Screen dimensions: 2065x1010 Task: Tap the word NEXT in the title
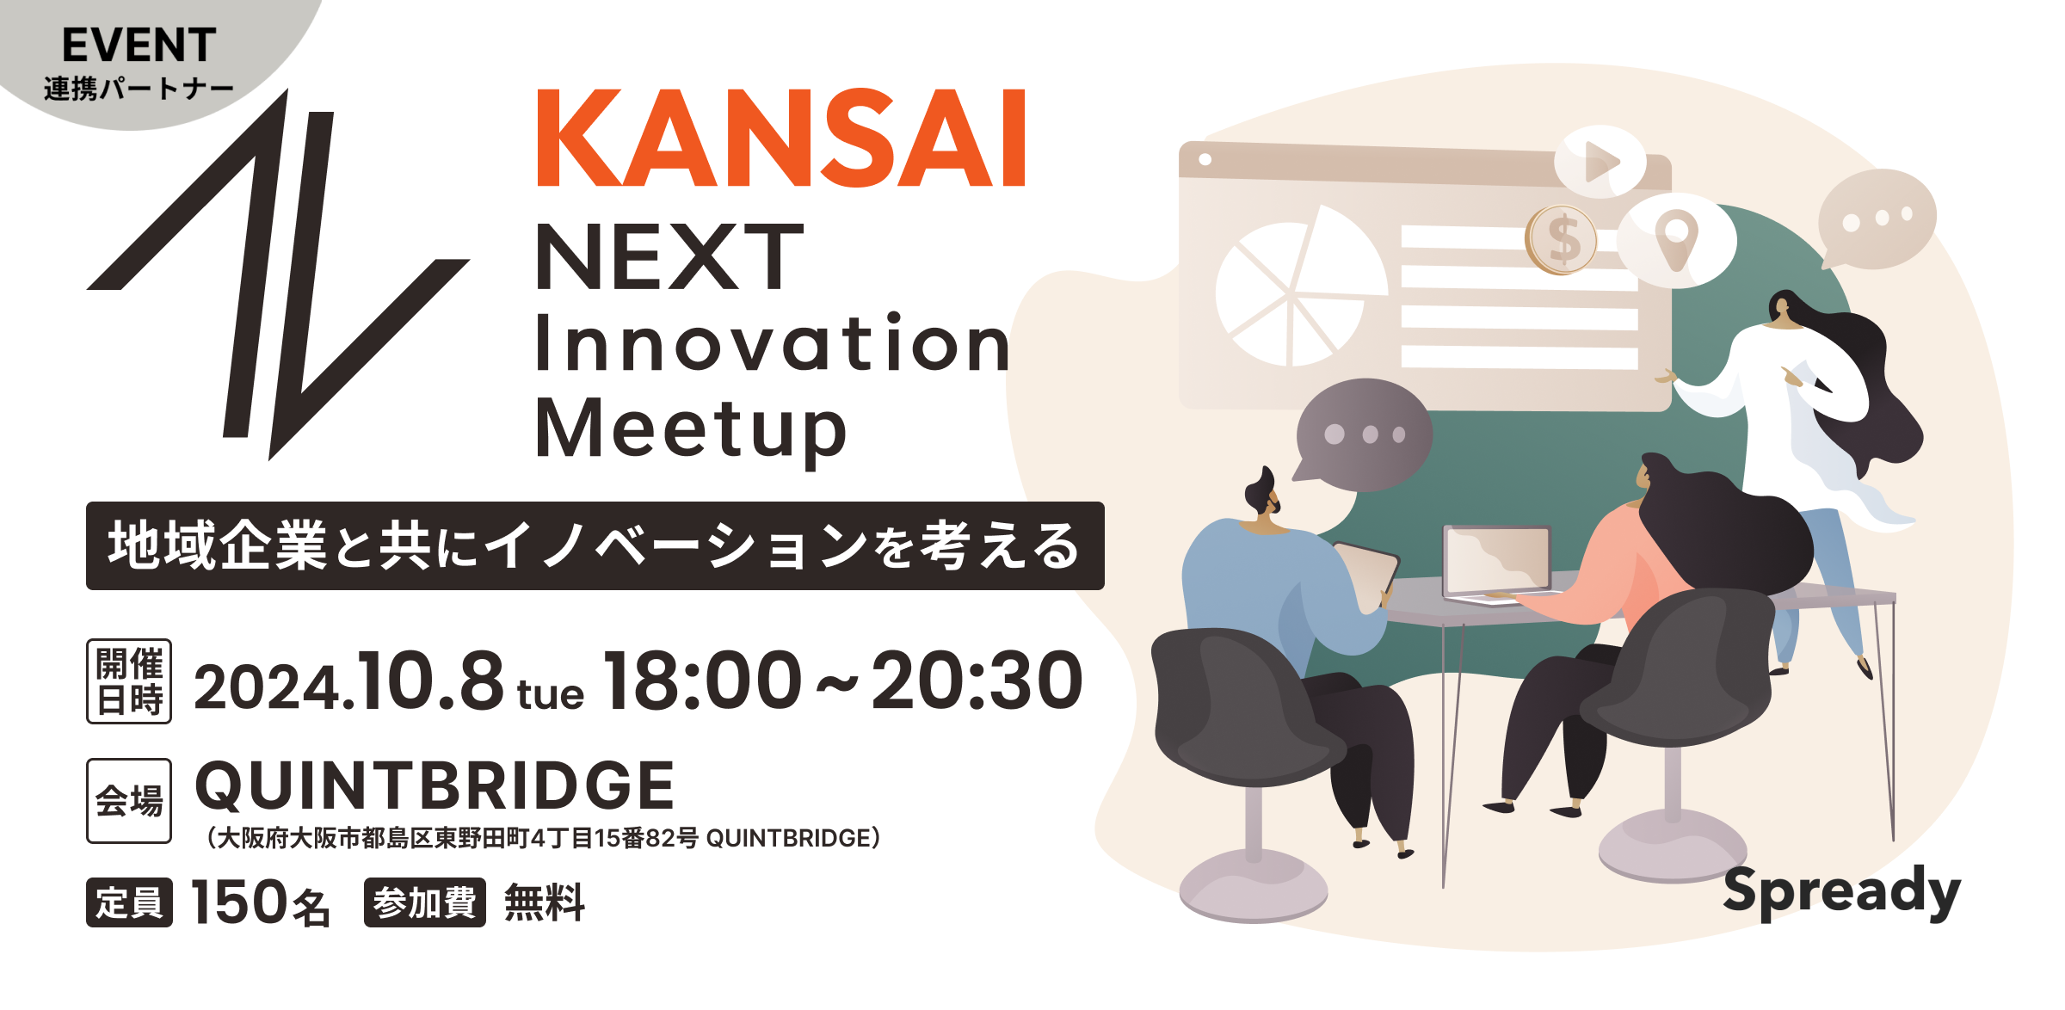pos(669,256)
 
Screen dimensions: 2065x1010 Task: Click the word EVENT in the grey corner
pos(139,46)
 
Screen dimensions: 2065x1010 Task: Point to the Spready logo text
pos(1841,893)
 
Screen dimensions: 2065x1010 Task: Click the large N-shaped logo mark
pos(277,275)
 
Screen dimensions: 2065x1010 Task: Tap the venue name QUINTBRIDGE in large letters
pos(435,786)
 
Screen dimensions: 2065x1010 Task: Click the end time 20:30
pos(977,681)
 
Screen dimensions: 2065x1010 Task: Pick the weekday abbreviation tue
pos(550,694)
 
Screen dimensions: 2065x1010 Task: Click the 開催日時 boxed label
pos(129,681)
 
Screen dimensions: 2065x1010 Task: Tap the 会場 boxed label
pos(129,801)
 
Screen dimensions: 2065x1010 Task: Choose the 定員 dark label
pos(129,902)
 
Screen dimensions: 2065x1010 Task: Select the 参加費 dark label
pos(425,902)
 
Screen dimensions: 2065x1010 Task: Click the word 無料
pos(545,903)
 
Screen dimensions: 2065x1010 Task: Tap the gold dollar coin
pos(1562,240)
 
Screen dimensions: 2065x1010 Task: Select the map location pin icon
pos(1677,240)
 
